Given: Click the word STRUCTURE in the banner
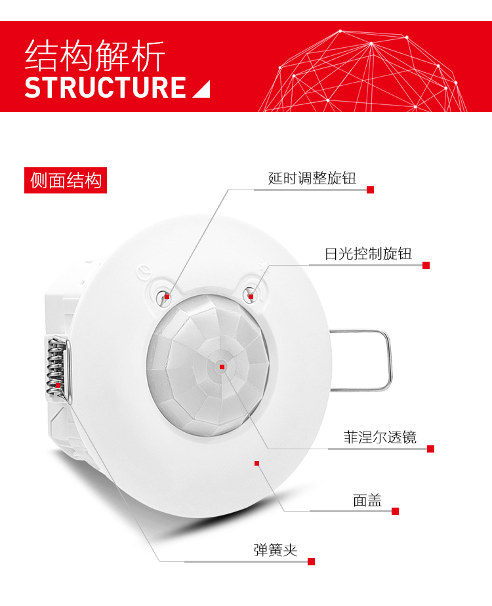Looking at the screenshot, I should (x=106, y=87).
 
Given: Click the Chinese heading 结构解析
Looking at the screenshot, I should (x=94, y=56).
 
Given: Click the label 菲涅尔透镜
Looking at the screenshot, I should (x=380, y=437).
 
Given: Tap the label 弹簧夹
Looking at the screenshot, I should (x=276, y=550).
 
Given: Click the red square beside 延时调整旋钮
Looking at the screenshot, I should (x=370, y=190).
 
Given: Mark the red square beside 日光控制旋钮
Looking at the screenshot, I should (x=426, y=265).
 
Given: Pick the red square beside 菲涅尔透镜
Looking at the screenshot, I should (x=430, y=449).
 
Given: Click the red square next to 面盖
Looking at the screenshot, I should (x=396, y=511).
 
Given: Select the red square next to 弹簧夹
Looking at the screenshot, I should (x=312, y=561).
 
